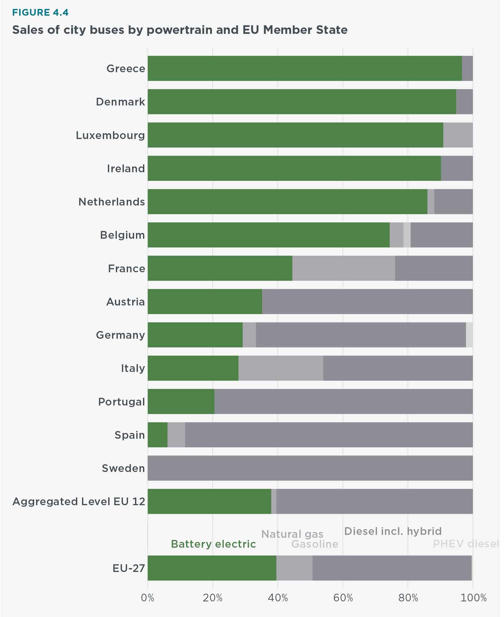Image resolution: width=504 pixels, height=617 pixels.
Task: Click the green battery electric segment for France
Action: (x=220, y=268)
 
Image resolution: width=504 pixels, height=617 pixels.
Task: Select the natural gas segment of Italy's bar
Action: (x=281, y=368)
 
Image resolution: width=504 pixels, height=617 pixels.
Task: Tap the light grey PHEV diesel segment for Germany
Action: (x=469, y=335)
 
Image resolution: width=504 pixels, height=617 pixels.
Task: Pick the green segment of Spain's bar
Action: (x=157, y=435)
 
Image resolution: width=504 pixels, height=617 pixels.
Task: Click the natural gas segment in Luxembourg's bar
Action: (x=458, y=135)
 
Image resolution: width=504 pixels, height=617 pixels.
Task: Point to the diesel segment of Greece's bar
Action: (x=467, y=68)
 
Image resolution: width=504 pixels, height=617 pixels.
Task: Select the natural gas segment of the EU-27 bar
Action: (x=294, y=568)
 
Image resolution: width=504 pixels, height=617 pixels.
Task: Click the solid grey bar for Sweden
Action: (x=310, y=468)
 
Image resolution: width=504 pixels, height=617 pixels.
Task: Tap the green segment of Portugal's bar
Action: (x=181, y=402)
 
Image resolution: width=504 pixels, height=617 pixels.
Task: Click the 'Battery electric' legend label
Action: (x=213, y=544)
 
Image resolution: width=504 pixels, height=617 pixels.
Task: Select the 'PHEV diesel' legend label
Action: (x=465, y=544)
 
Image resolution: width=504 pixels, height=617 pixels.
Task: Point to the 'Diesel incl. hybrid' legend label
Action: (x=393, y=531)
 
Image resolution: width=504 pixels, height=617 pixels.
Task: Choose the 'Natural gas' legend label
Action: (x=292, y=534)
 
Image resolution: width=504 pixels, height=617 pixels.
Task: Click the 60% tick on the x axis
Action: (x=343, y=597)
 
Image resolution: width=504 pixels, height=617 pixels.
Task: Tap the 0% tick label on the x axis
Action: (x=147, y=597)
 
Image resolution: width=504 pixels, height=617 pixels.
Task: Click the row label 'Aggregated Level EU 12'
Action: (x=79, y=501)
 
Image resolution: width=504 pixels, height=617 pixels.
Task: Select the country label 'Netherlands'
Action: (x=111, y=202)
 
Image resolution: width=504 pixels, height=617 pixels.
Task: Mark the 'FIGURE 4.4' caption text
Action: (x=40, y=12)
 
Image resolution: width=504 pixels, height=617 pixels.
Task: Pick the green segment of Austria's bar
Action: (x=205, y=302)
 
